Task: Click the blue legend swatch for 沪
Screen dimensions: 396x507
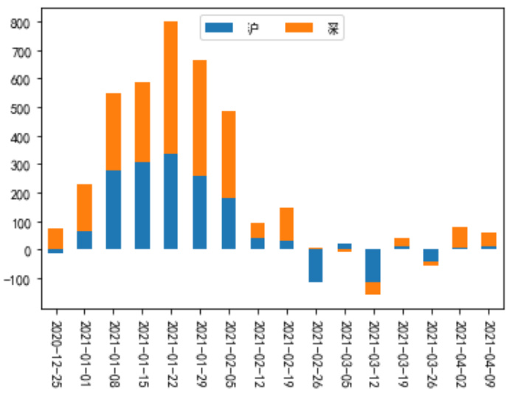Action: click(218, 29)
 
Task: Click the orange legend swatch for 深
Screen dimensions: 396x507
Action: click(300, 29)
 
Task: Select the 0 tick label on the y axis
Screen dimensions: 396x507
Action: click(30, 250)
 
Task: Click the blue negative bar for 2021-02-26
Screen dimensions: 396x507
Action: click(315, 265)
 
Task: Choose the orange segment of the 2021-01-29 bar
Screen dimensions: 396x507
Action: click(199, 118)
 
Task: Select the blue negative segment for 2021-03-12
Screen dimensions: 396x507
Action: click(373, 265)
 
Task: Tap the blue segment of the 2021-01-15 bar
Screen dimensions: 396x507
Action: click(142, 206)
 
